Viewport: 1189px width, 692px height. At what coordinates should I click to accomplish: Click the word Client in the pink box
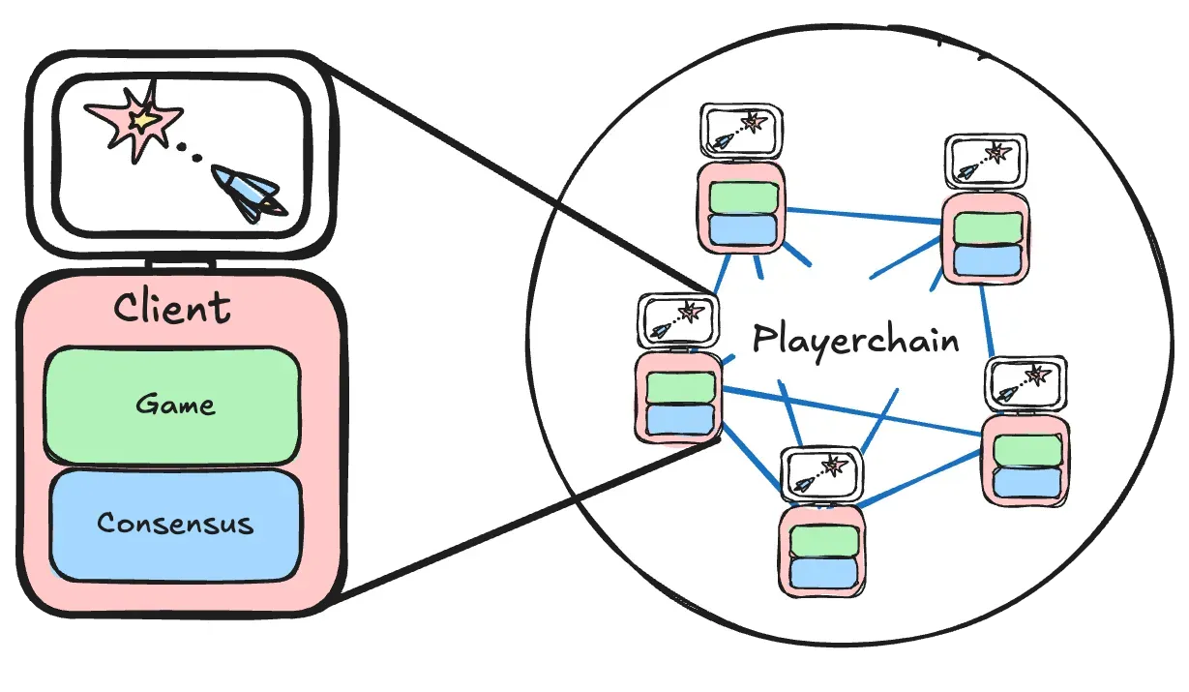point(172,308)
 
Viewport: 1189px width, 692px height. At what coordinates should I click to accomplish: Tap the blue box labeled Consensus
point(174,524)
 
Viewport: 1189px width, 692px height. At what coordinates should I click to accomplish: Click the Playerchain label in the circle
point(855,341)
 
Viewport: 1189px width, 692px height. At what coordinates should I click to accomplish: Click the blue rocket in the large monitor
point(248,192)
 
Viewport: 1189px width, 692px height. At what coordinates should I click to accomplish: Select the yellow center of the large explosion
point(145,121)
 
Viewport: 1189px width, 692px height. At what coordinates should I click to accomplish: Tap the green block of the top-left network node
point(742,196)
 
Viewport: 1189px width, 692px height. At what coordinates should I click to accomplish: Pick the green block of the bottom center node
point(822,543)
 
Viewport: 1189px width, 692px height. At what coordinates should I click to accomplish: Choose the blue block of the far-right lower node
point(1026,482)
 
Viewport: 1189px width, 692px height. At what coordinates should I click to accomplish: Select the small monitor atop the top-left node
point(740,132)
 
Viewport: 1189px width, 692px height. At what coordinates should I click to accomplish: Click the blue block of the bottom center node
point(822,573)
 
